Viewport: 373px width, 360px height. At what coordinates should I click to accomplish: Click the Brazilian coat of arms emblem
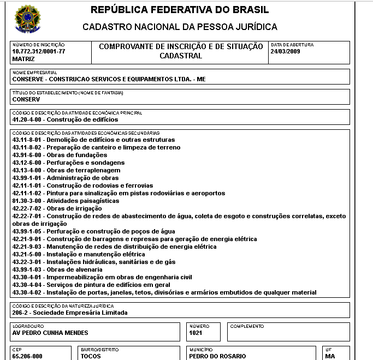tap(27, 19)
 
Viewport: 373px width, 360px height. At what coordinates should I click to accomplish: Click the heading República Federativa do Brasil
tap(179, 10)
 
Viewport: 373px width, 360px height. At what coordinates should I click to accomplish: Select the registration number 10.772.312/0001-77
tap(38, 51)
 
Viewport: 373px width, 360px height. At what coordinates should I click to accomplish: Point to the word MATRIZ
tap(23, 58)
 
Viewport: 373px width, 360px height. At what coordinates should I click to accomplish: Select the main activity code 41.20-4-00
tap(28, 119)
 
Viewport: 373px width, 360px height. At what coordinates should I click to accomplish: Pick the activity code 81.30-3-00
tap(28, 201)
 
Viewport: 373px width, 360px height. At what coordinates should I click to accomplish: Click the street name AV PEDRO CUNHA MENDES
tap(50, 333)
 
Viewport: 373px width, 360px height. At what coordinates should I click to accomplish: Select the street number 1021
tap(196, 333)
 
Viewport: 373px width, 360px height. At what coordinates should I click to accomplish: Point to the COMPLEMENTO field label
tap(247, 326)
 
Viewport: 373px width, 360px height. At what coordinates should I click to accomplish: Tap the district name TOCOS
tap(91, 356)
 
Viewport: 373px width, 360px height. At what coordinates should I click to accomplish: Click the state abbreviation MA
tap(329, 356)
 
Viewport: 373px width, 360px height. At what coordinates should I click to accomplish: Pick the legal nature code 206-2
tap(21, 313)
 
